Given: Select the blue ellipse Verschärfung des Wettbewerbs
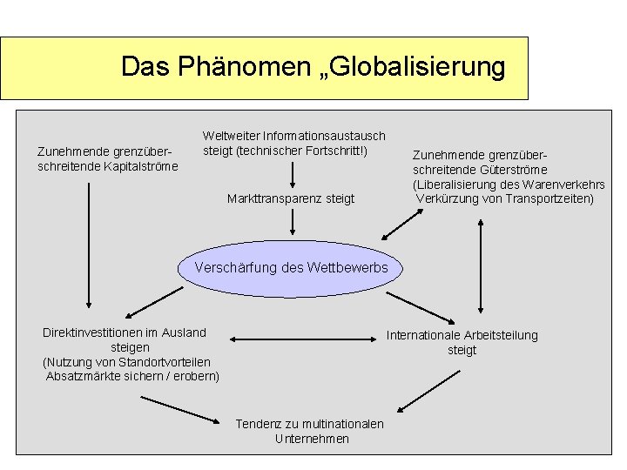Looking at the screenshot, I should (291, 268).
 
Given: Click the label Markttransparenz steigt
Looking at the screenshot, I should (291, 198).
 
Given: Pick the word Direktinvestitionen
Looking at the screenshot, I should (95, 332).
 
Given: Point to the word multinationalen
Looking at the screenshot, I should (340, 424).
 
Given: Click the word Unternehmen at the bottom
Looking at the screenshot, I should (312, 439).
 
